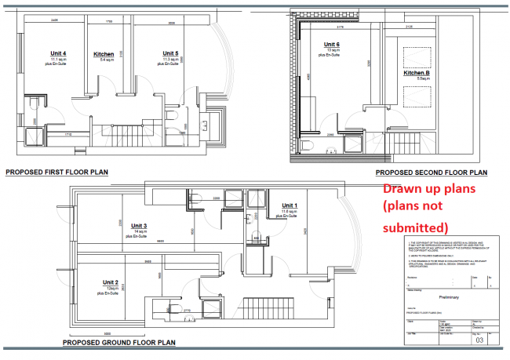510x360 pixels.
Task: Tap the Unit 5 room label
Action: [171, 53]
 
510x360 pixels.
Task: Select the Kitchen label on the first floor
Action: [104, 54]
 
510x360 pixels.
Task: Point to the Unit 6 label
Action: [332, 45]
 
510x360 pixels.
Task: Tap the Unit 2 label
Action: [111, 282]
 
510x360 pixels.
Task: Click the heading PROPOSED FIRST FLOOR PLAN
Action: [56, 171]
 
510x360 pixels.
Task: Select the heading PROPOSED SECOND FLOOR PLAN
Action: [432, 172]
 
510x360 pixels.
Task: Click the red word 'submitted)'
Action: [414, 227]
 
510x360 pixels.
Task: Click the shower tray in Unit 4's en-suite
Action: [33, 135]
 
